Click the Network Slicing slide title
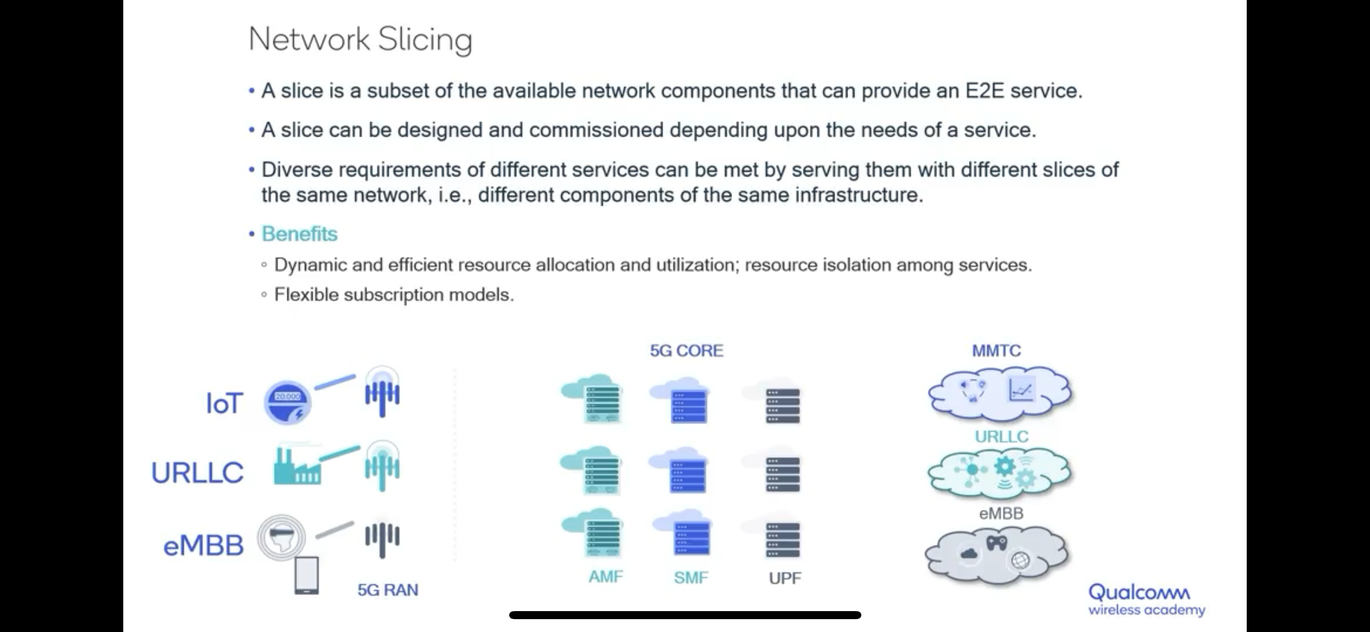tap(360, 40)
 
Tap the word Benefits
tap(299, 234)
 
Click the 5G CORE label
tap(686, 351)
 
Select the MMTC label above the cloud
tap(996, 351)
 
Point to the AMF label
tap(606, 577)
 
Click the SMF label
tap(690, 577)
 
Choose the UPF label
tap(785, 578)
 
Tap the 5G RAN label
tap(388, 590)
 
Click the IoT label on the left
tap(225, 403)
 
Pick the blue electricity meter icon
tap(287, 403)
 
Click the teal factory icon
tap(296, 466)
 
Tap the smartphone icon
tap(307, 575)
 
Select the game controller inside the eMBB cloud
tap(996, 543)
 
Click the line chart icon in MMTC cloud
tap(1021, 390)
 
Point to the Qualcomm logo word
tap(1139, 592)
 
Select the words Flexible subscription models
tap(394, 295)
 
